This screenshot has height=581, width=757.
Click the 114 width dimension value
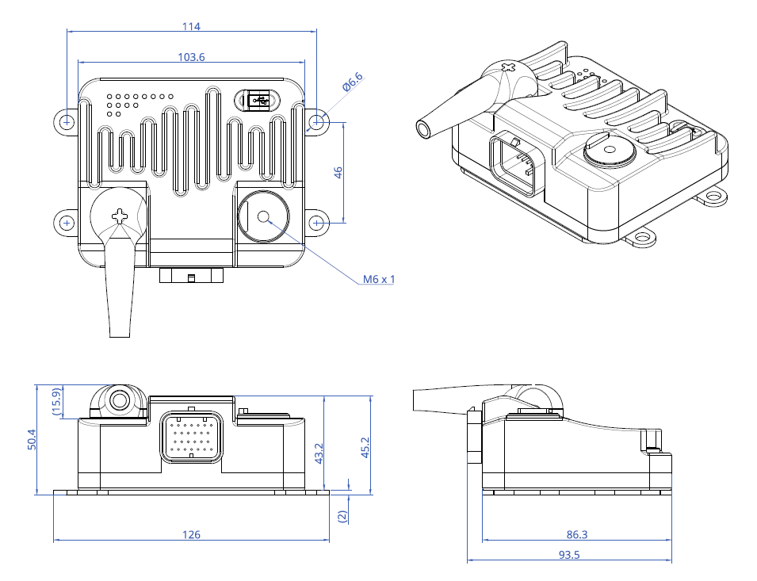click(191, 26)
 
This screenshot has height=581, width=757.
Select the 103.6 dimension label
click(191, 57)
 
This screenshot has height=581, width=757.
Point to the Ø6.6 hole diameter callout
click(353, 81)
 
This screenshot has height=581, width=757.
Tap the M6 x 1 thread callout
click(378, 279)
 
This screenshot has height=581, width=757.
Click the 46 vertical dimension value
click(338, 172)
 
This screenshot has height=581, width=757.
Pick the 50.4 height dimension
click(32, 439)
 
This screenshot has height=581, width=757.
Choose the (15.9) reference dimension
click(56, 402)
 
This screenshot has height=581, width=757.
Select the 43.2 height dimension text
click(319, 454)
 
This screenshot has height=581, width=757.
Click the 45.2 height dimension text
click(365, 449)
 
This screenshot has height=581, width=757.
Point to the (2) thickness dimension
click(342, 514)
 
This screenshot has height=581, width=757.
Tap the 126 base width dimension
click(191, 534)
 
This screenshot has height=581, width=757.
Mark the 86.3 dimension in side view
click(577, 535)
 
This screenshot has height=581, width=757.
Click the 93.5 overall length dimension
click(569, 555)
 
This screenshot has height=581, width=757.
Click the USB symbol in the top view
click(258, 100)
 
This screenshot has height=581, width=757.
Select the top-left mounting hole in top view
click(67, 121)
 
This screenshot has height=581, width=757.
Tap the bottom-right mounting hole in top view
click(317, 223)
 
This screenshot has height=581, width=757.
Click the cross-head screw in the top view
click(120, 215)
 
